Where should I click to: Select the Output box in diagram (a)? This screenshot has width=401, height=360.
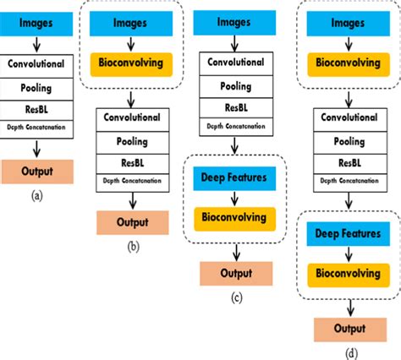(39, 172)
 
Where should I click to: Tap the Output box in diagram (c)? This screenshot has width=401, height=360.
(236, 273)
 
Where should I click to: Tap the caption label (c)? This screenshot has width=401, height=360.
(236, 296)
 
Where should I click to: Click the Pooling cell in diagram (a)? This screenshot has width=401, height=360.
(39, 86)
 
